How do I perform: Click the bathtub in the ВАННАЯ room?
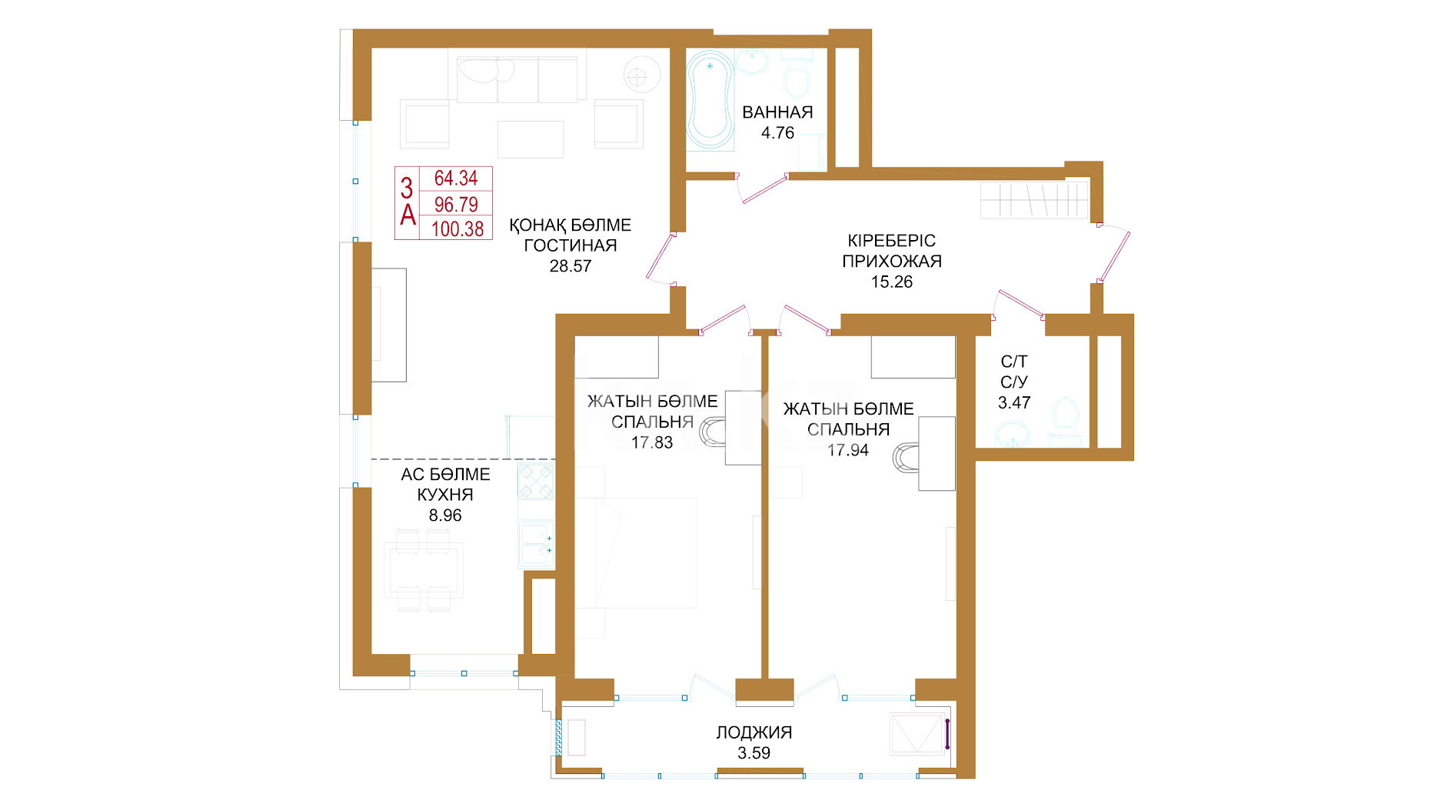pos(710,99)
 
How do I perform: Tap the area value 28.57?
pos(571,266)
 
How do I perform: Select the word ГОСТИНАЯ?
pos(571,245)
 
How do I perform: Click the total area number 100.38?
pos(457,228)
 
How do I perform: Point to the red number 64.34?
pos(456,178)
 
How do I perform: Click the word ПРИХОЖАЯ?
pos(892,262)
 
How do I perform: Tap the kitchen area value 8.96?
pos(445,515)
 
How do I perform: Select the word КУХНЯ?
pos(445,495)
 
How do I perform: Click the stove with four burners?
pos(536,482)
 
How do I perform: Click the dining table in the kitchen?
pos(424,570)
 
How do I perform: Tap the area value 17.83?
pos(652,442)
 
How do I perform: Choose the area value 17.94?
pos(848,450)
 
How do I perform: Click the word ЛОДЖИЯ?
pos(754,732)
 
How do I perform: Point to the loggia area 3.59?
pos(754,753)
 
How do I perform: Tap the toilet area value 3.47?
pos(1014,402)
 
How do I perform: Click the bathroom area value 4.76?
pos(777,133)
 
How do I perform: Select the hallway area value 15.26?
pos(892,282)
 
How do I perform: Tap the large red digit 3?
pos(407,188)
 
